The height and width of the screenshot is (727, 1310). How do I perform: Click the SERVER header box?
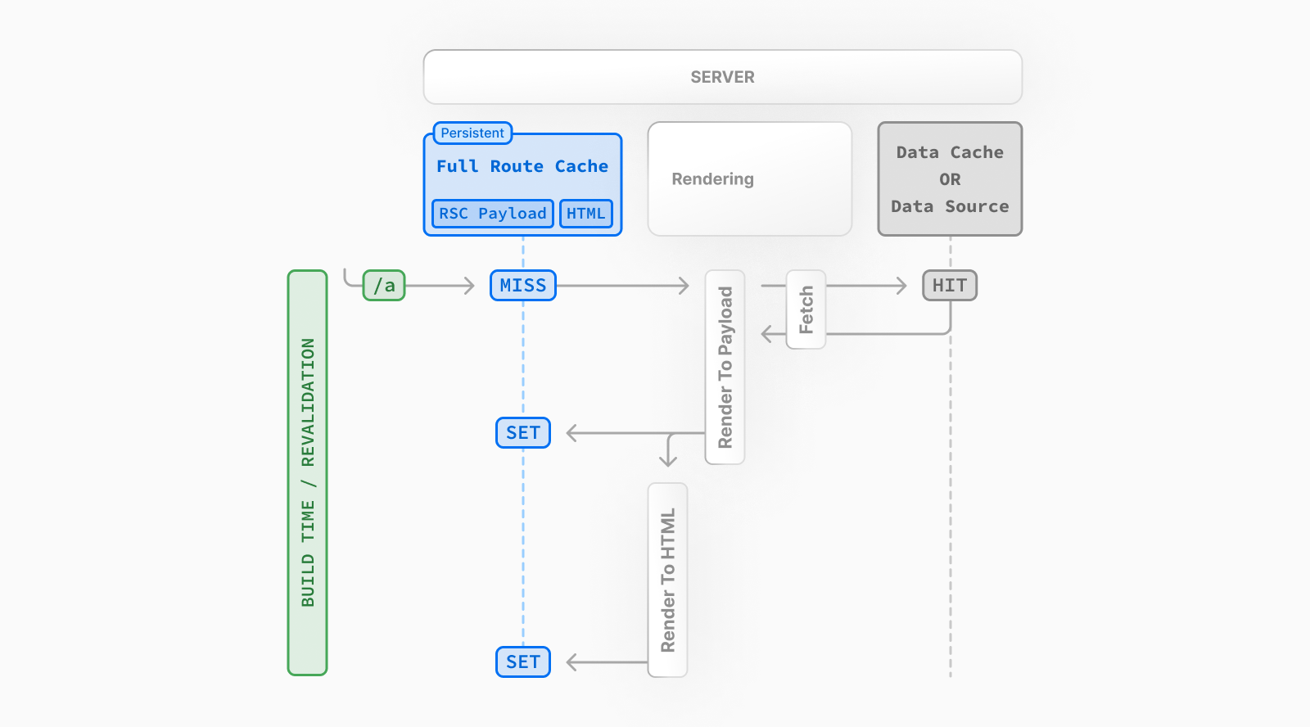[722, 77]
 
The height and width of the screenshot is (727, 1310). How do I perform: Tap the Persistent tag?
[472, 133]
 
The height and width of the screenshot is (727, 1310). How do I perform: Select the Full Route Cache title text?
[522, 166]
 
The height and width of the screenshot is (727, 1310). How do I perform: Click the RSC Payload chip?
[492, 214]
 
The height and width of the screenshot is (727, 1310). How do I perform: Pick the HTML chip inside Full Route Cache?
[585, 214]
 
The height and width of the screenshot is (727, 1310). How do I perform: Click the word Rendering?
[712, 179]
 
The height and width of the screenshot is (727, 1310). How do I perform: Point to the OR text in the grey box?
[950, 179]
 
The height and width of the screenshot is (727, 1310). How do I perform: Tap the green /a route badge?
[384, 286]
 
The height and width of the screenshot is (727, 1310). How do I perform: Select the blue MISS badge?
[522, 286]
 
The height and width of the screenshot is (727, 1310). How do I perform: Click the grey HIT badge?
[949, 286]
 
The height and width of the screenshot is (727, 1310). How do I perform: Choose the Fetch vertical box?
[806, 309]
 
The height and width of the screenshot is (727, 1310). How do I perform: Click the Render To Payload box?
[725, 367]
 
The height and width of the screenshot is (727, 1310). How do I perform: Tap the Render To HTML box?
[667, 580]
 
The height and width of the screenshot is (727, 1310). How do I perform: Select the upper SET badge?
[522, 432]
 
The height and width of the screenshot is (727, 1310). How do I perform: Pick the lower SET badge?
[522, 662]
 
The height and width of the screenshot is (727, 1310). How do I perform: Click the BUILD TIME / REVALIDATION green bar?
[307, 472]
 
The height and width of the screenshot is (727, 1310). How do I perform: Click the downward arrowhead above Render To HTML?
[668, 461]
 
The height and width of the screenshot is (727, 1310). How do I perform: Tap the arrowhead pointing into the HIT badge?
[902, 286]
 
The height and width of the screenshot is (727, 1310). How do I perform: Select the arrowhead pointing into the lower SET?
[571, 662]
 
